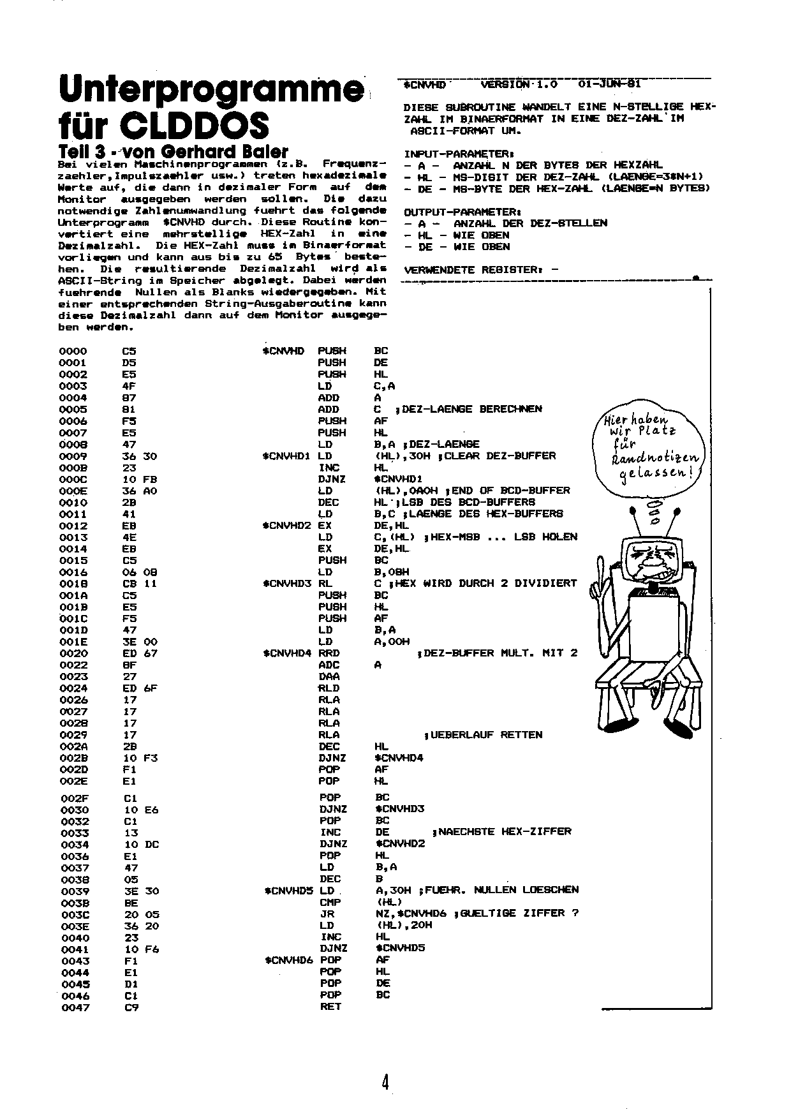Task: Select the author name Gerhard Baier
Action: pos(230,152)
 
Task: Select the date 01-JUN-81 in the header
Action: pos(609,84)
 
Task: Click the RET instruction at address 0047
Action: pos(331,1006)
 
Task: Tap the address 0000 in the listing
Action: pos(73,351)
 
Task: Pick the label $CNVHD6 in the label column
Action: pos(289,960)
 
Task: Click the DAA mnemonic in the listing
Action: pos(329,676)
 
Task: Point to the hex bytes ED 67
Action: pos(140,653)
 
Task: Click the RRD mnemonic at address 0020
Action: pos(329,653)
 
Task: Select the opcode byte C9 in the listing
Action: pos(131,1007)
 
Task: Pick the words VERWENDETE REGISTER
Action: pos(474,270)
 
